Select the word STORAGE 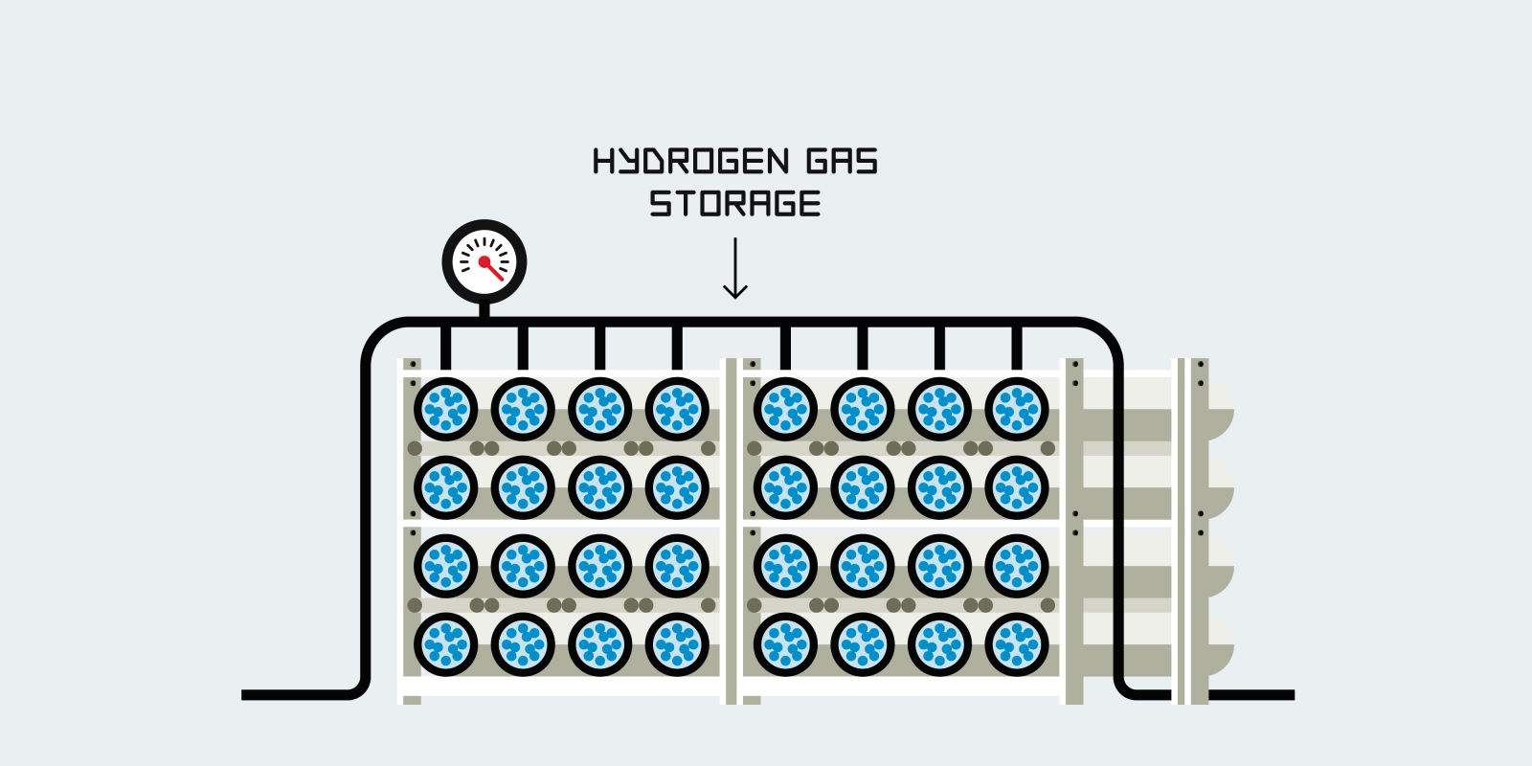(734, 204)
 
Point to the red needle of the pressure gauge (492, 267)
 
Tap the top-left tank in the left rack (445, 409)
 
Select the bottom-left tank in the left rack (445, 644)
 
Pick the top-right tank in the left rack (677, 409)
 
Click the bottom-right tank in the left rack (677, 644)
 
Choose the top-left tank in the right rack (785, 409)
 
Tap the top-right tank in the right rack (1017, 409)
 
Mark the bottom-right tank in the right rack (1017, 644)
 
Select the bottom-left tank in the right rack (785, 644)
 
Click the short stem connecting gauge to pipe (484, 309)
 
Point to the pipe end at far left (251, 694)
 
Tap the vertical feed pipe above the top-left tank (445, 348)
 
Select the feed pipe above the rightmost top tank (1017, 348)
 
